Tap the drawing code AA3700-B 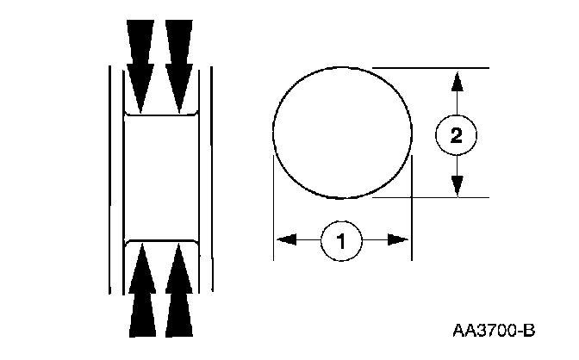click(494, 330)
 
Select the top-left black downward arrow click(141, 65)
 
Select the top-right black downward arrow click(179, 65)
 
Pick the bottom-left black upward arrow click(141, 289)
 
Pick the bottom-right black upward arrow click(179, 289)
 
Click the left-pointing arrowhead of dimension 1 click(286, 239)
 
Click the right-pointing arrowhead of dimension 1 click(397, 239)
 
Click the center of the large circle click(342, 132)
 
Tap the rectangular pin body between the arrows click(161, 177)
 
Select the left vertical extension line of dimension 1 click(273, 207)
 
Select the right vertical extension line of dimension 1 click(413, 207)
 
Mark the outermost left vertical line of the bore click(109, 177)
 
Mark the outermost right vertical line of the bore click(212, 177)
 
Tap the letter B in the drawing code click(530, 330)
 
